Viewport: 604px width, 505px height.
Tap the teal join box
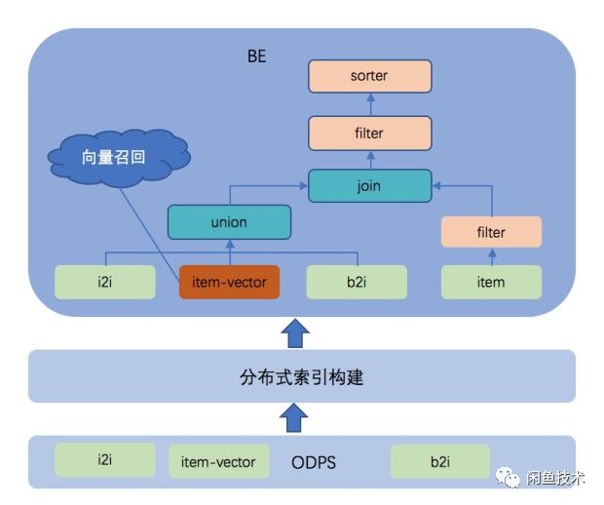tap(369, 185)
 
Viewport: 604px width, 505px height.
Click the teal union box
tap(229, 222)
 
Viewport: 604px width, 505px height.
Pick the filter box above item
tap(490, 233)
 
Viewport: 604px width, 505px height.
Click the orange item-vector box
tap(230, 283)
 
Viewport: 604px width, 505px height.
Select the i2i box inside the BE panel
tap(104, 283)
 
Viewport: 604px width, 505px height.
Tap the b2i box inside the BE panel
tap(356, 283)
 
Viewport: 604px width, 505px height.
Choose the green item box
tap(491, 283)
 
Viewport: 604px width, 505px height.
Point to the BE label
tap(256, 58)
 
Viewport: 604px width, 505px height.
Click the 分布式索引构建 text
tap(301, 376)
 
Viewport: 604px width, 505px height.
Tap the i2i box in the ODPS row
tap(104, 458)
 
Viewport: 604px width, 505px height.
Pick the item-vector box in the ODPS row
tap(218, 461)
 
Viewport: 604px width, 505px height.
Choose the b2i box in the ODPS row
tap(440, 461)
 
